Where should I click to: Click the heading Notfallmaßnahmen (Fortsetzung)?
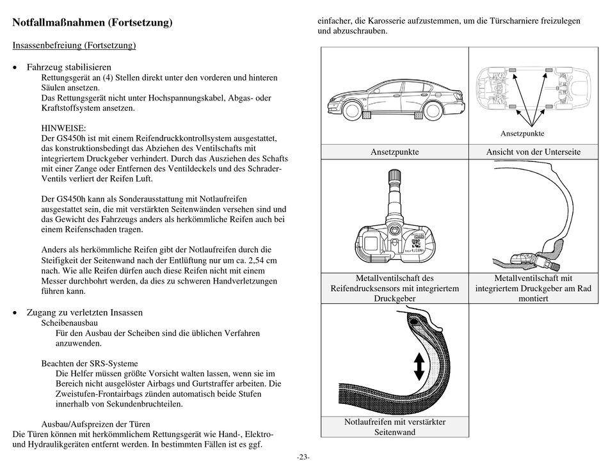pyautogui.click(x=93, y=23)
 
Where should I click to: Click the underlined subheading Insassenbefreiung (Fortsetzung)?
pyautogui.click(x=74, y=45)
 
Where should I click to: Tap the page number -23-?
pyautogui.click(x=303, y=456)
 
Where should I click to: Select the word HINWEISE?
pyautogui.click(x=63, y=128)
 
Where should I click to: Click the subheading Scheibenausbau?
pyautogui.click(x=69, y=323)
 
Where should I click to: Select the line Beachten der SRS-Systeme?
pyautogui.click(x=90, y=364)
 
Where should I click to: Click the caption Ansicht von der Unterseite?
pyautogui.click(x=533, y=152)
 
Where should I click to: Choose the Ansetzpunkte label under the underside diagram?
pyautogui.click(x=522, y=133)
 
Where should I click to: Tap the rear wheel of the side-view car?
pyautogui.click(x=433, y=110)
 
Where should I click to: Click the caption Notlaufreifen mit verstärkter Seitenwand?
pyautogui.click(x=394, y=427)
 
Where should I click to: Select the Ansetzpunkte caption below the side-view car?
pyautogui.click(x=394, y=152)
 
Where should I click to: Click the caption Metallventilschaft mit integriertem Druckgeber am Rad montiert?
pyautogui.click(x=533, y=288)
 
